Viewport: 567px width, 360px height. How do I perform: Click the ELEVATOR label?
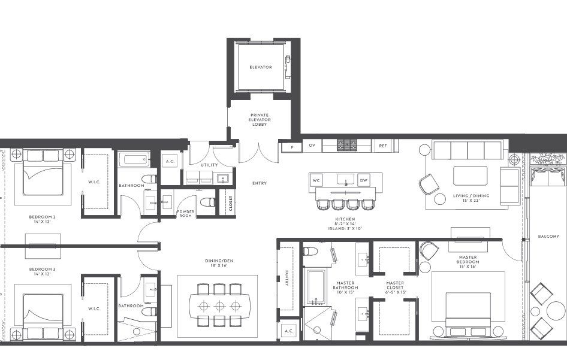[261, 67]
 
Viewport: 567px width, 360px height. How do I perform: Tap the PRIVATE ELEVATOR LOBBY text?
[260, 119]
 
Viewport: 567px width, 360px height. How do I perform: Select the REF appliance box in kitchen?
[382, 146]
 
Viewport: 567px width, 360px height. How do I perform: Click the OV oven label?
[312, 146]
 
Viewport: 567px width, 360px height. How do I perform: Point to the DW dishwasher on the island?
[363, 180]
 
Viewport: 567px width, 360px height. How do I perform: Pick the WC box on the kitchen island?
[317, 180]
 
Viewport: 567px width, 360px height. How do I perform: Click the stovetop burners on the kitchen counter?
[347, 145]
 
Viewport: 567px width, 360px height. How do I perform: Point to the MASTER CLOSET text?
[395, 288]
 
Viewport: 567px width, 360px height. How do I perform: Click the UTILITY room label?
[209, 165]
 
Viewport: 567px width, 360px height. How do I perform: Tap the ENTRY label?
[260, 183]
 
